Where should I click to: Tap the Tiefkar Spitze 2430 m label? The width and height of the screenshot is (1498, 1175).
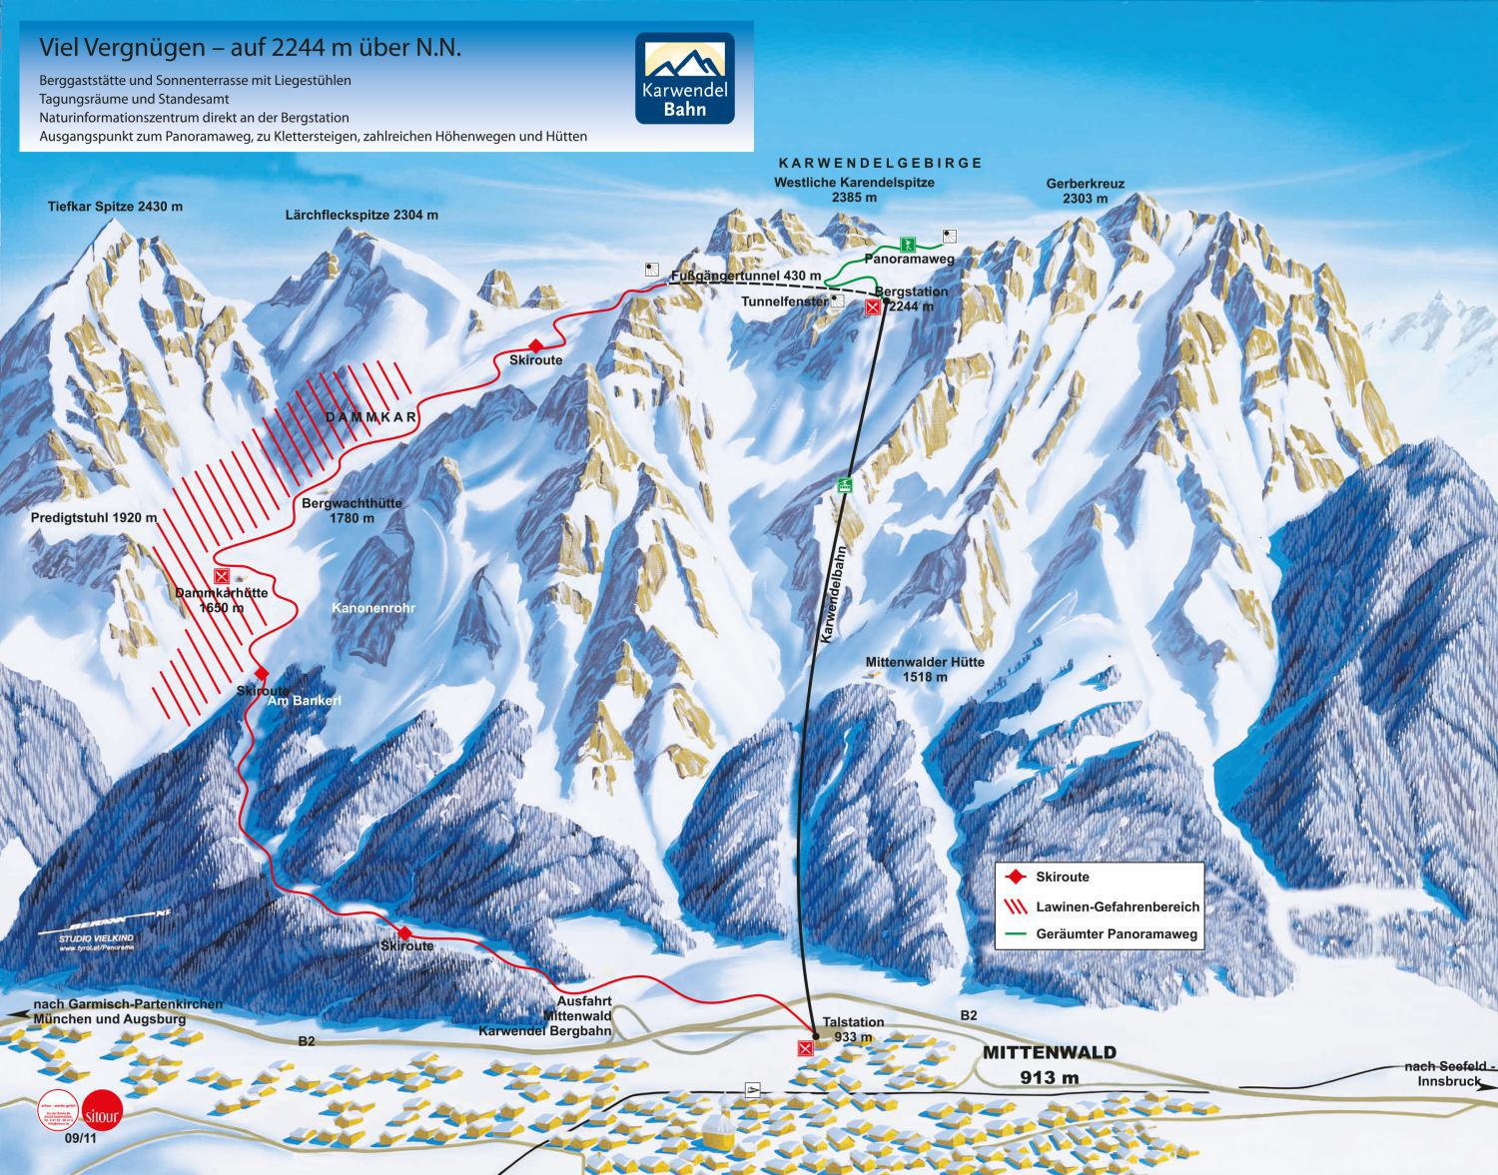tap(116, 207)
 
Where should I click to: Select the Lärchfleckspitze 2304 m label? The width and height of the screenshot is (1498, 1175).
tap(362, 215)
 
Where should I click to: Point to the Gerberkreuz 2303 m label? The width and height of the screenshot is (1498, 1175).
tap(1085, 191)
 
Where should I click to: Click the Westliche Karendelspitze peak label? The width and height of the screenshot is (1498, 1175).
tap(854, 190)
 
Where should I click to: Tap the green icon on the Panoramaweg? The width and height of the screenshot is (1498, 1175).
tap(907, 243)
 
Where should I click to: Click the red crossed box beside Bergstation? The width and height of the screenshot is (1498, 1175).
tap(873, 307)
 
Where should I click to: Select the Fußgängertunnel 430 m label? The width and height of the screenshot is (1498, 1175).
tap(746, 276)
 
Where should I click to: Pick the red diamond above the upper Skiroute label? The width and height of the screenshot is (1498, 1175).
tap(534, 343)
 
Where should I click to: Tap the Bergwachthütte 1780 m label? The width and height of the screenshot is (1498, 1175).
tap(352, 510)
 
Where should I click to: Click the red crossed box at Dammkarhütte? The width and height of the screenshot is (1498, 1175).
tap(222, 575)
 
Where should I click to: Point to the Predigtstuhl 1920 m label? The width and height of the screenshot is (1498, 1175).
tap(94, 518)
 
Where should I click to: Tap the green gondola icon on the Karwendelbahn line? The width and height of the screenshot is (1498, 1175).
tap(845, 486)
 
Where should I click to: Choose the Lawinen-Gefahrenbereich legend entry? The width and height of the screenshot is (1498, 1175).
tap(1104, 906)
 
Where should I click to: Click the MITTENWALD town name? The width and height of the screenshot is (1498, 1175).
tap(1050, 1052)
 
